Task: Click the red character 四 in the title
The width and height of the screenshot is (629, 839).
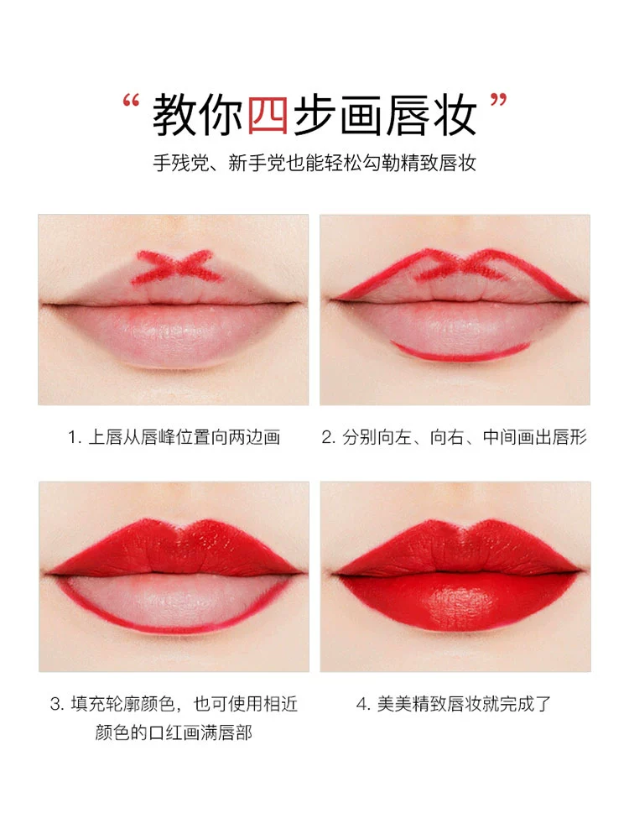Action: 268,114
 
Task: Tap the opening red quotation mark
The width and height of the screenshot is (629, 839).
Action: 131,100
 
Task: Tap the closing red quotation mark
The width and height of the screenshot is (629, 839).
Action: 498,100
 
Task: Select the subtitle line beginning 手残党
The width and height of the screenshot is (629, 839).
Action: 314,163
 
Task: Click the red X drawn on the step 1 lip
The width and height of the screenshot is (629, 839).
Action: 177,266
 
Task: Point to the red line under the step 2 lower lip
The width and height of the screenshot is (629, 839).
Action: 460,352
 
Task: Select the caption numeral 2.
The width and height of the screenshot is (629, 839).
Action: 326,438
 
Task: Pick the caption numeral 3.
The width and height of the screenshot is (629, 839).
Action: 55,704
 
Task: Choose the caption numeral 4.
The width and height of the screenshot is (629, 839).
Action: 361,704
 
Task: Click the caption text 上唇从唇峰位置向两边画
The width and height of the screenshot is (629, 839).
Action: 184,437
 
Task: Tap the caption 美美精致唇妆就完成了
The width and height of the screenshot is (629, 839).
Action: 464,704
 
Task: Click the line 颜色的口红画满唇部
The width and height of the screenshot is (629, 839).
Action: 174,732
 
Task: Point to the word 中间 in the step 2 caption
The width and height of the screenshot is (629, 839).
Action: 500,437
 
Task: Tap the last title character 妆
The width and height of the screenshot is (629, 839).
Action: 455,114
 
